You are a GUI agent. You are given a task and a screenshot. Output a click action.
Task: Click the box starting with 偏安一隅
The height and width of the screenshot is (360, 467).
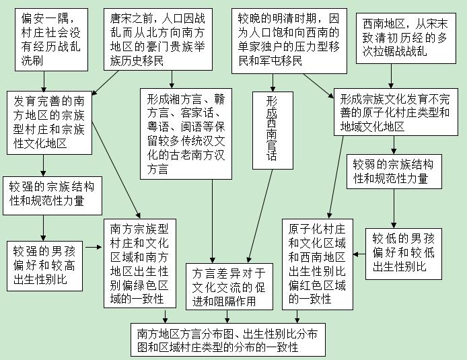coord(52,40)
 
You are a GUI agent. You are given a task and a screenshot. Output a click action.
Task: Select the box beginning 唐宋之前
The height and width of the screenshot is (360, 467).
coord(158,39)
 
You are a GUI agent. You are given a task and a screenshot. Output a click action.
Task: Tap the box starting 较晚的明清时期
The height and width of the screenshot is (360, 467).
coord(289,41)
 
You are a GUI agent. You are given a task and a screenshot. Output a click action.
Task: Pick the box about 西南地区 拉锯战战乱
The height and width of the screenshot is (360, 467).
coord(406,38)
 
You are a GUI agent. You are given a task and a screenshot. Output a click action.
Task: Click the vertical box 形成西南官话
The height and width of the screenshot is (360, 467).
coord(273,131)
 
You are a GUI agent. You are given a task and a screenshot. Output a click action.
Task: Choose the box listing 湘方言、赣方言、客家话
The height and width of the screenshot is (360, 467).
coord(186,134)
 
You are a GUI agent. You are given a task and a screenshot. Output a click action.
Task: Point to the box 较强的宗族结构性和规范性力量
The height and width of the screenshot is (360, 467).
coord(52,196)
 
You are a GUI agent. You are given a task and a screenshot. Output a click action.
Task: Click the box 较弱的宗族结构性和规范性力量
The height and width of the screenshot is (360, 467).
coord(394,172)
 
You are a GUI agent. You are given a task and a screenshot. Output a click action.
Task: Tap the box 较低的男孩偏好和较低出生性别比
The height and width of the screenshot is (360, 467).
coord(404,254)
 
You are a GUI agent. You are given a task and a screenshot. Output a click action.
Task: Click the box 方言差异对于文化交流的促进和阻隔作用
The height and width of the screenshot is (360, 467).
coord(229,287)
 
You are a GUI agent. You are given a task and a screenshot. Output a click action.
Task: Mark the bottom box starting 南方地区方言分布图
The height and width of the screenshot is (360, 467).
coord(228,340)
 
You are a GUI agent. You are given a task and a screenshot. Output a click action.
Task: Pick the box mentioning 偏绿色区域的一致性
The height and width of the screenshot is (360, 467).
coord(140,264)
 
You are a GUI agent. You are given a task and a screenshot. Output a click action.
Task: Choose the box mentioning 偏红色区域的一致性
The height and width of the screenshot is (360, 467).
coord(318,264)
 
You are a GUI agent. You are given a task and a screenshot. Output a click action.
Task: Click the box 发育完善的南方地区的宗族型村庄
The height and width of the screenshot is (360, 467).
coord(49,122)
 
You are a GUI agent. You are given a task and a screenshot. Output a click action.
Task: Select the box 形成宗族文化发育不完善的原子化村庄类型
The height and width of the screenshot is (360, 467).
coord(396,112)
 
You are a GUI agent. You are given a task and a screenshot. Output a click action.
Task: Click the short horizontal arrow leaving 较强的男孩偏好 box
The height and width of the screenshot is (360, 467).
coord(94,247)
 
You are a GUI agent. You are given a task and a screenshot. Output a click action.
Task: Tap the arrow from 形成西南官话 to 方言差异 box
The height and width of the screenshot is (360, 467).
coord(260,216)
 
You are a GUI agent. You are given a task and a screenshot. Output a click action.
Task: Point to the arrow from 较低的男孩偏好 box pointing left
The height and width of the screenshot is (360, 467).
coord(359,254)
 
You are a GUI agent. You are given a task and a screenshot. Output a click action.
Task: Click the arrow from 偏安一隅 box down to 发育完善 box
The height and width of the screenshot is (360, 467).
coord(44,81)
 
